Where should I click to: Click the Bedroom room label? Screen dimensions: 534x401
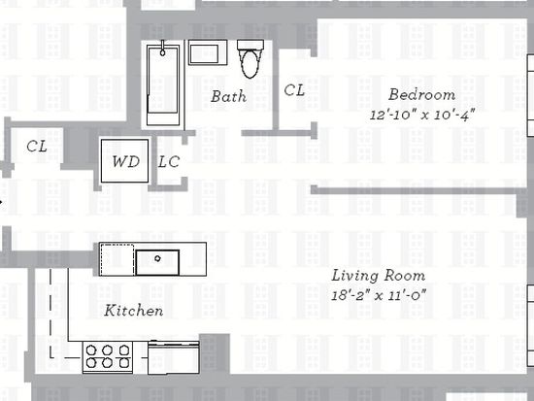422,94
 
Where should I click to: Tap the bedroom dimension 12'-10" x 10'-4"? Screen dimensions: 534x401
422,115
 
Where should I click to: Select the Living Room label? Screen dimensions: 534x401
379,276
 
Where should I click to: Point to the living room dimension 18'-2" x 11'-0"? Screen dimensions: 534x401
379,295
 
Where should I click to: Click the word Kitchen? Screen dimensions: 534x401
134,311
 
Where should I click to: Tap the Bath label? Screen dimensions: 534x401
228,96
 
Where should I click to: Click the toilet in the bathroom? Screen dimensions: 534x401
250,59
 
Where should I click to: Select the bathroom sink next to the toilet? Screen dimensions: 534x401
208,52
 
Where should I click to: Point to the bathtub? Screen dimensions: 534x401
163,85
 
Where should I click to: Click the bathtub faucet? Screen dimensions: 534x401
163,48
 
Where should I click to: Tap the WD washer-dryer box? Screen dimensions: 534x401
124,161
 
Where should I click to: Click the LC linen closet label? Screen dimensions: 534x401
169,162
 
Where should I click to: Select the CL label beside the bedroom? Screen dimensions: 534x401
294,90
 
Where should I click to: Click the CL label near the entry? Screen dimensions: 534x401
37,147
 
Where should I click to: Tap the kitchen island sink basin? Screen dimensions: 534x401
157,262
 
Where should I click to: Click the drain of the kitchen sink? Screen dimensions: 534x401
157,258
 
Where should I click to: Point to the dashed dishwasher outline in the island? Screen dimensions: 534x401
117,259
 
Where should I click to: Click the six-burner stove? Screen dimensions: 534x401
108,356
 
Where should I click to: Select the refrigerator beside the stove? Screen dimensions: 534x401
174,357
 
